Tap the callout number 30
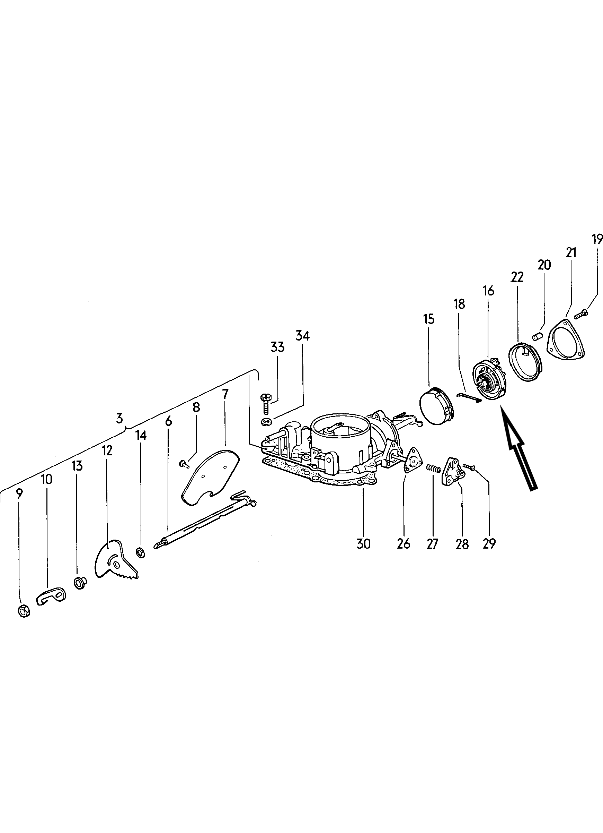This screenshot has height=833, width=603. coord(363,543)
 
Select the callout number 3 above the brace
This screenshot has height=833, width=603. coord(119,418)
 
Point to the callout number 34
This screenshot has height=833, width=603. coord(302,336)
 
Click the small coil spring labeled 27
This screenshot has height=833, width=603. coord(434,468)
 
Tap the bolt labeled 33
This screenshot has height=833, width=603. coord(266,404)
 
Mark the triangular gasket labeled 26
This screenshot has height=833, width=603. coord(411,460)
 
